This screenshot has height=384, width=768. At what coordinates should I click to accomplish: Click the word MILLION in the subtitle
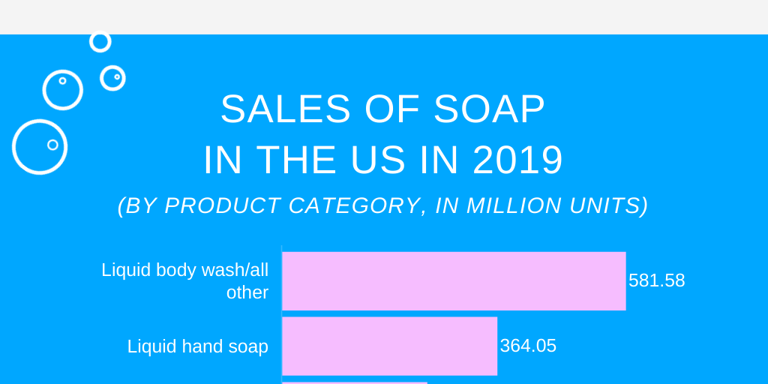click(510, 205)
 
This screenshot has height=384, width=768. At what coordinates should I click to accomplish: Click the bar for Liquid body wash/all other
click(454, 280)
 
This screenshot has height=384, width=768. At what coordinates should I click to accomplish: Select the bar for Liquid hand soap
click(389, 346)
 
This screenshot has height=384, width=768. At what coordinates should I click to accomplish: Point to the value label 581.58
click(656, 280)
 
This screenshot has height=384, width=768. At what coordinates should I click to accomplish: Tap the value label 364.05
click(528, 346)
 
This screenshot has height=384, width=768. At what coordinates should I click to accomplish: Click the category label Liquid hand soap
click(197, 346)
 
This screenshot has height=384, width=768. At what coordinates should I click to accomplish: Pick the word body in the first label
click(175, 270)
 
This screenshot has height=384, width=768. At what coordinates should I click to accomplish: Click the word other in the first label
click(247, 292)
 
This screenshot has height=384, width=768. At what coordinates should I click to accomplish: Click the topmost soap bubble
click(100, 42)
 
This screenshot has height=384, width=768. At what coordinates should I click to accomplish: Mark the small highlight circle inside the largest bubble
click(52, 145)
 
